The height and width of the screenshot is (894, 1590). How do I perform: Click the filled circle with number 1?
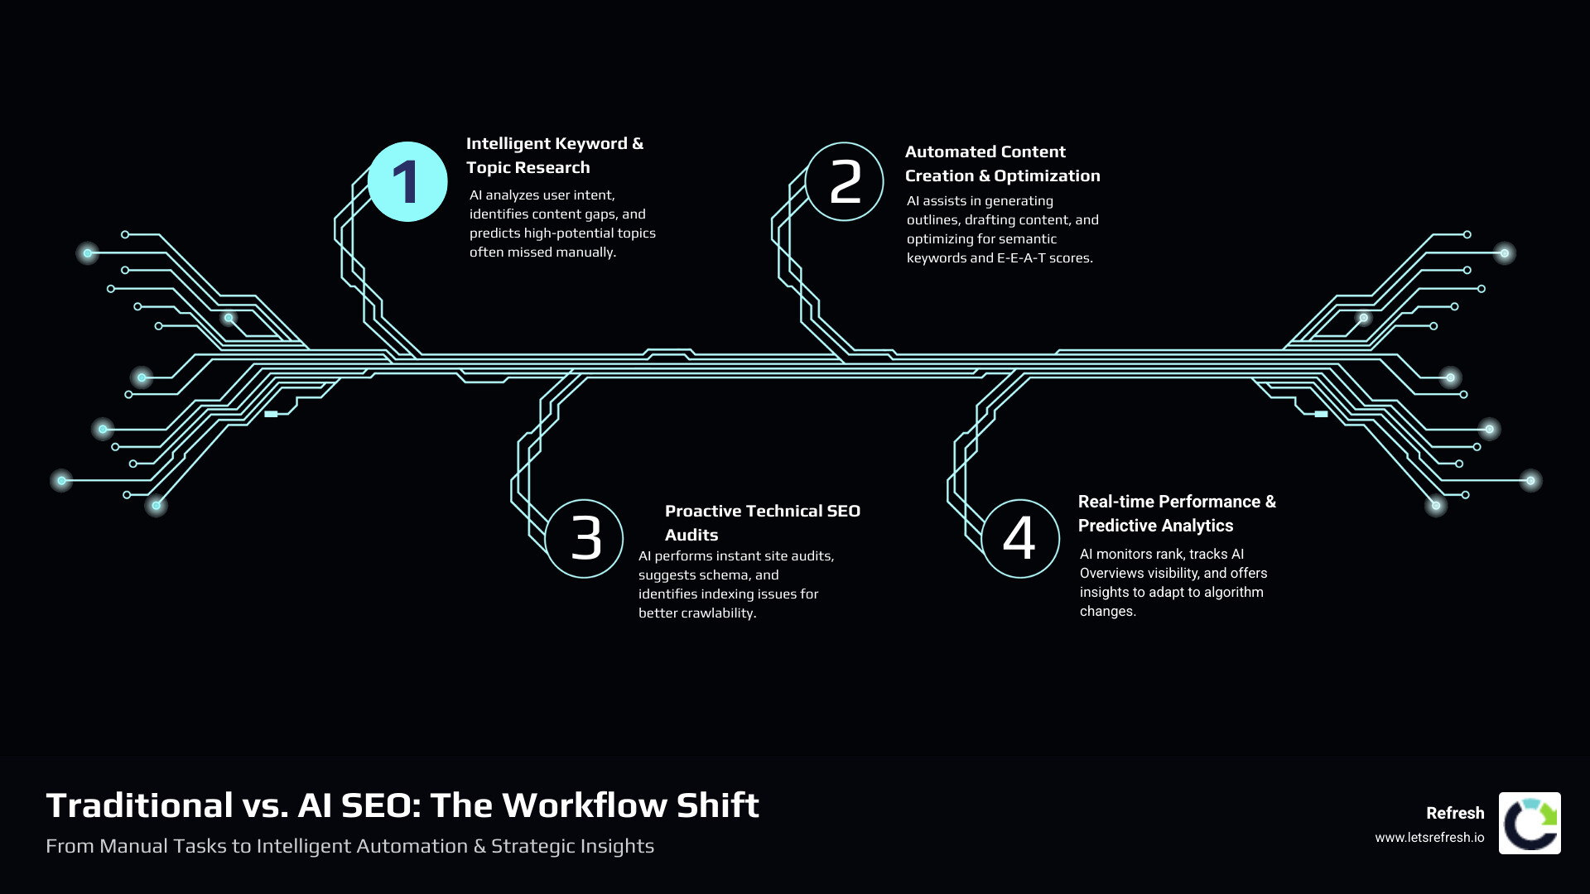pos(407,182)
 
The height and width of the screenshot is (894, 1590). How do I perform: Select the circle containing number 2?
pos(845,182)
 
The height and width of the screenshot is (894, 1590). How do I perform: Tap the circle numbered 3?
pos(585,539)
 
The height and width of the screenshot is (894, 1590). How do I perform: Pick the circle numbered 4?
pos(1020,539)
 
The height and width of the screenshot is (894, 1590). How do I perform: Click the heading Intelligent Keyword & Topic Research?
pos(554,156)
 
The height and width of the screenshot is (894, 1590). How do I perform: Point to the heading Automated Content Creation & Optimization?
pos(1002,164)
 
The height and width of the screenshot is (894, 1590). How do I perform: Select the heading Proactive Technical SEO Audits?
pos(762,522)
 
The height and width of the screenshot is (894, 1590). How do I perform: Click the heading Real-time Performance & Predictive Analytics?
pos(1176,513)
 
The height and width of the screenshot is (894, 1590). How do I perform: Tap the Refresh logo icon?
pos(1530,823)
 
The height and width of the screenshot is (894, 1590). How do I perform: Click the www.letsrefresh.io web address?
pos(1429,838)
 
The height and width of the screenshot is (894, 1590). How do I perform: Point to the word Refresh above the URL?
pos(1455,813)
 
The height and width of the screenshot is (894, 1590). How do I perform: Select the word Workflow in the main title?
pos(584,805)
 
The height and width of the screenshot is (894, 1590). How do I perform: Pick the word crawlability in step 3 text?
pos(714,613)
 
